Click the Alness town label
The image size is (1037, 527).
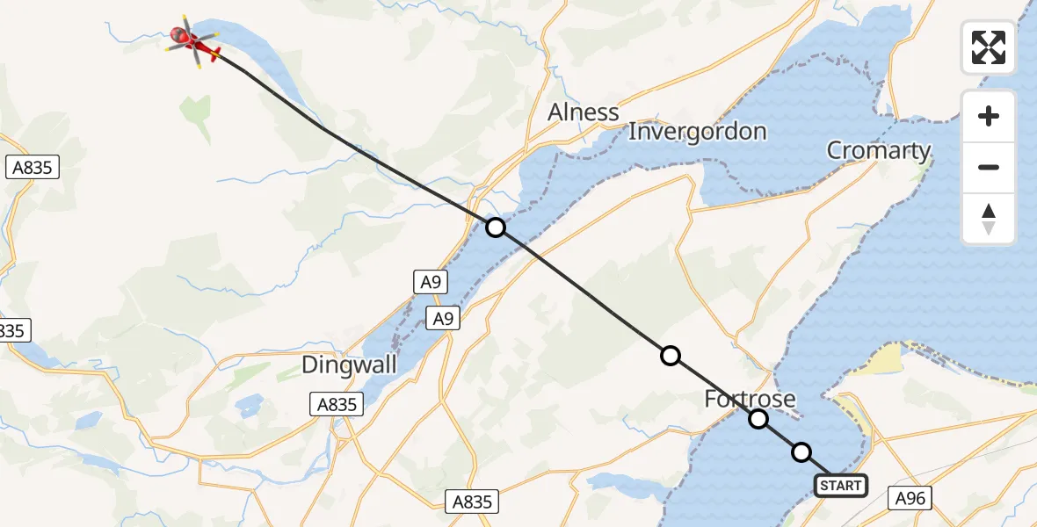583,112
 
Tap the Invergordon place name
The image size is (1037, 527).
698,132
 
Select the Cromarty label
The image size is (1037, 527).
878,151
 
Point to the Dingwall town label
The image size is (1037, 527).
349,365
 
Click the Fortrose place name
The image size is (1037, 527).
750,400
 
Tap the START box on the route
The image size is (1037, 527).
841,486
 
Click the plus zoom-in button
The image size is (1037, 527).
989,116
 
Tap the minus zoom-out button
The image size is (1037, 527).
989,167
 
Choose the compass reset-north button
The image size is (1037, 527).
989,219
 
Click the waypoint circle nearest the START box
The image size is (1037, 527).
801,452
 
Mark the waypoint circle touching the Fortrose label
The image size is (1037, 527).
758,419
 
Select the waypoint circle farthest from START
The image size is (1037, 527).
496,227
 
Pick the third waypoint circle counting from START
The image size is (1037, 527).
671,356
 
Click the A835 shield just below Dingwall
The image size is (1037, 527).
336,403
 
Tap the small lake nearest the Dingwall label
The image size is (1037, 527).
249,405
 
